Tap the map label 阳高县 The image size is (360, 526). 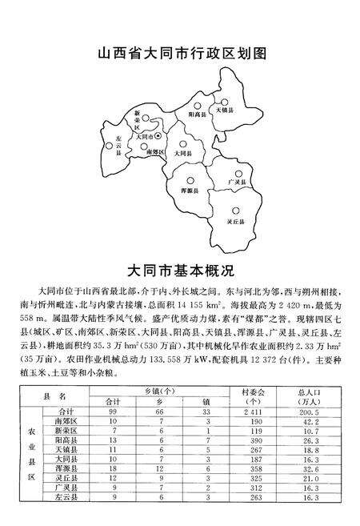point(198,116)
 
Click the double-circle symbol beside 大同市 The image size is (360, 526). point(158,137)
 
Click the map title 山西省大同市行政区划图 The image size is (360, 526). point(180,56)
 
